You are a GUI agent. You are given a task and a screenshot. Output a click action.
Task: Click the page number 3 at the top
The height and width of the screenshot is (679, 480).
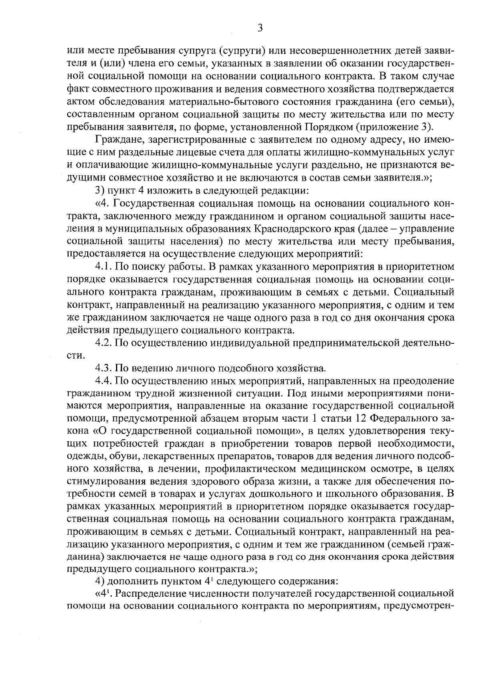pos(260,28)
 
